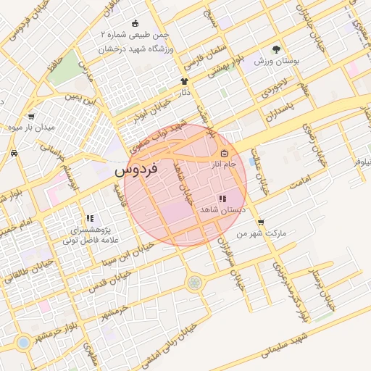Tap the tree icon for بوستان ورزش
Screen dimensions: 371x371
[276, 49]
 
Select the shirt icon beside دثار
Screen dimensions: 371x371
[183, 82]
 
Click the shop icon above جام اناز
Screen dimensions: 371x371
[224, 153]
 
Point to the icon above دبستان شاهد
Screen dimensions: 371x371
[222, 198]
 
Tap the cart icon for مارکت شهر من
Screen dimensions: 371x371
[260, 222]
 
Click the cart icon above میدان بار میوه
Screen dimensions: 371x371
[31, 116]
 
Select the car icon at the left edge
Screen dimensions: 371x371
[14, 153]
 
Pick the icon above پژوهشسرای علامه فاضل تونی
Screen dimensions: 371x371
[90, 217]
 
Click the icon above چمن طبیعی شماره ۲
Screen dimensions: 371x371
[136, 23]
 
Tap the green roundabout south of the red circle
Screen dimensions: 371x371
[194, 283]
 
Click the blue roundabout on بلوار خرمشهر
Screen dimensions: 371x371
[23, 342]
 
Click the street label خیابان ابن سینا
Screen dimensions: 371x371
[127, 258]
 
